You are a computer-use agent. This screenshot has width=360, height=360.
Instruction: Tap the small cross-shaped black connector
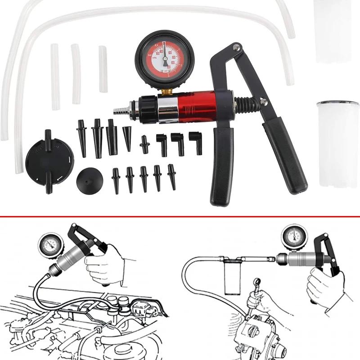point(144,144)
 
